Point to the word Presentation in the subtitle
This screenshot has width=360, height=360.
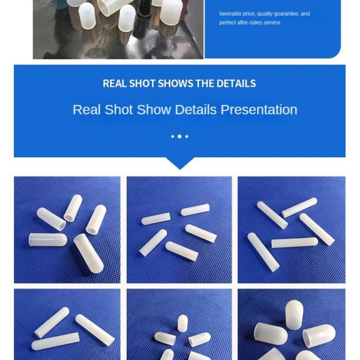click(x=259, y=110)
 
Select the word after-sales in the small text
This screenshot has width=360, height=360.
click(x=251, y=23)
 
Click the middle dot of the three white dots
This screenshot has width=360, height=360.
click(x=179, y=137)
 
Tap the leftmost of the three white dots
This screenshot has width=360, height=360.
click(x=172, y=137)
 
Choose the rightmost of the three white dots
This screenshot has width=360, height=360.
click(x=187, y=137)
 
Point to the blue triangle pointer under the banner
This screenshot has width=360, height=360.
click(x=179, y=163)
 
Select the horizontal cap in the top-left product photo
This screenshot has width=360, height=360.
click(x=47, y=239)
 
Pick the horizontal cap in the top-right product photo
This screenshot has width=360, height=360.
click(x=294, y=242)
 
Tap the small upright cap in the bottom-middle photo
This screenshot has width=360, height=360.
click(x=182, y=323)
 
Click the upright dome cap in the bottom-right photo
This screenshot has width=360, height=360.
click(x=293, y=314)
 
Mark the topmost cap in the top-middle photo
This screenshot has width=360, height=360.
click(x=196, y=209)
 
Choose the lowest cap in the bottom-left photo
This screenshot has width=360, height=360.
click(x=55, y=342)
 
